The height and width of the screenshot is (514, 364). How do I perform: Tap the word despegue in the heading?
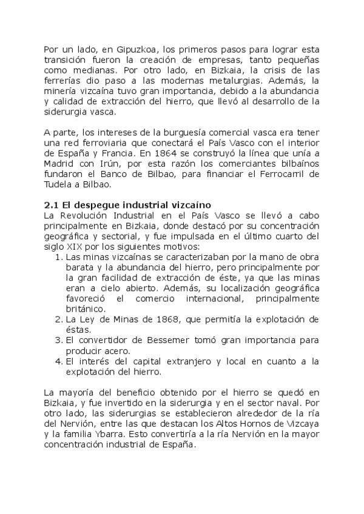pyautogui.click(x=98, y=205)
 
